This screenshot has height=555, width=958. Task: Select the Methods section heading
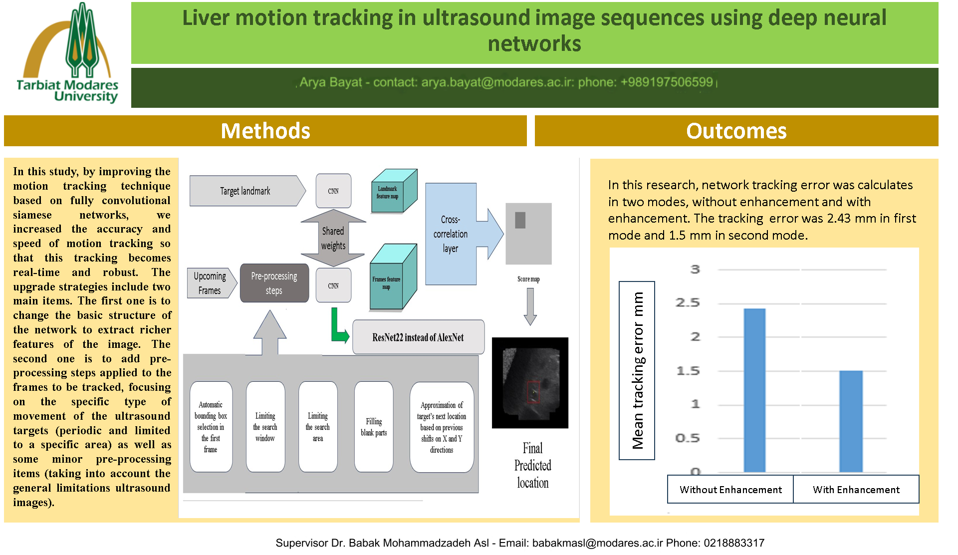pos(265,131)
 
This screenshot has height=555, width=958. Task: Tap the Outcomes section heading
pos(736,131)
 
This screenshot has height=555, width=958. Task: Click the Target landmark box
pos(245,191)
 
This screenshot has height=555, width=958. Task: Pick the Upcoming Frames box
pos(210,283)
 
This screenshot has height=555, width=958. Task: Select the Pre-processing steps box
pos(274,283)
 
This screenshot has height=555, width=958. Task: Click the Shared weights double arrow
pos(333,238)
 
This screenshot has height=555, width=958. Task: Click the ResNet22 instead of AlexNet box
pos(418,337)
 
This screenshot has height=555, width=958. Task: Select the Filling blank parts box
pos(374,427)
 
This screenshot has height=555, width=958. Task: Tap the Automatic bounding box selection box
pos(211,427)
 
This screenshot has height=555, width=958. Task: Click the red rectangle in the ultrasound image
pos(533,392)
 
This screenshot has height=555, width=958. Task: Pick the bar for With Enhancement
pos(851,421)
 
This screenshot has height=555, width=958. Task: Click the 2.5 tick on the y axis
pos(688,303)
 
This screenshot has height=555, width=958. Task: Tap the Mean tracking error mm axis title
pos(637,370)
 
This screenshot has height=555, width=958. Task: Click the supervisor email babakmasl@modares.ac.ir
pos(597,543)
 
